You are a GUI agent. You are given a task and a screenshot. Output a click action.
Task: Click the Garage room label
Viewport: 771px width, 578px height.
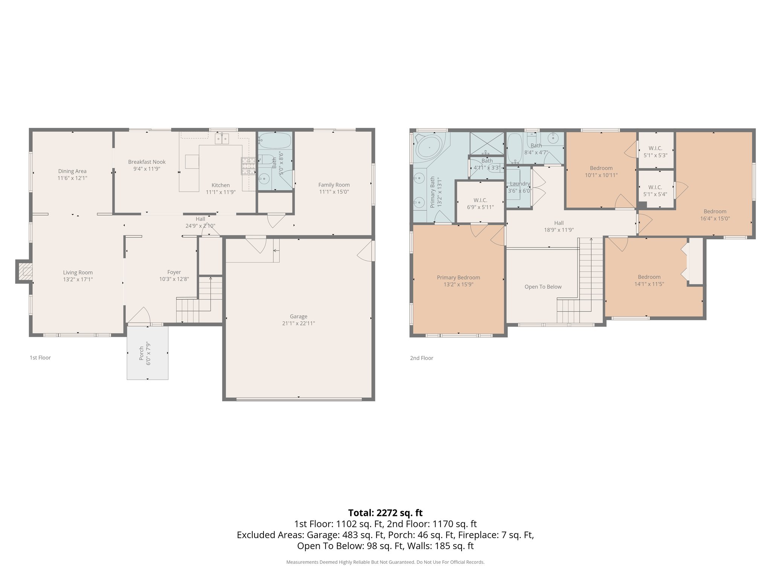(x=299, y=316)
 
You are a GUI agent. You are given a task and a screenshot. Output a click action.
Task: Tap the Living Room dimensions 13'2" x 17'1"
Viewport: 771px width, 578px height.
(x=78, y=280)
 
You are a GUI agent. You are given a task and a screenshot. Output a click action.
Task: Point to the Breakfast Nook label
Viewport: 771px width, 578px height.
(x=147, y=162)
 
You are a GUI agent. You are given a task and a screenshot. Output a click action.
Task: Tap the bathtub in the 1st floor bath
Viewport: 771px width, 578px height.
(x=275, y=141)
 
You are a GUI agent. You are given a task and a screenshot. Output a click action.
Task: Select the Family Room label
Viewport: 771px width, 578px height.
(x=334, y=185)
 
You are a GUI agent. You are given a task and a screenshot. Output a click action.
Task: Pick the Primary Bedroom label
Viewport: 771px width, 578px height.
(x=458, y=278)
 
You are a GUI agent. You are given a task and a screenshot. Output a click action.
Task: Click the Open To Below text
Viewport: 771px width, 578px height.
(x=543, y=287)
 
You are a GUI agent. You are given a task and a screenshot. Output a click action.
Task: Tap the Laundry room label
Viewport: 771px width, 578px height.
(x=520, y=184)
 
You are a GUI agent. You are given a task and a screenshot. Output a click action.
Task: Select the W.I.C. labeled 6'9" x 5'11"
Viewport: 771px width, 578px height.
(x=480, y=204)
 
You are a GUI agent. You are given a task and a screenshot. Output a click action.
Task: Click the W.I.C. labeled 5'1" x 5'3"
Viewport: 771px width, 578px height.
(x=655, y=152)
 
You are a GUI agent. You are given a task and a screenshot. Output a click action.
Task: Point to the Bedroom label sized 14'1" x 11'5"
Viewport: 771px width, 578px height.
(x=649, y=277)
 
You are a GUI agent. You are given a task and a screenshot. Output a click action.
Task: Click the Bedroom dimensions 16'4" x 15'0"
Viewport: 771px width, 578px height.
(x=715, y=218)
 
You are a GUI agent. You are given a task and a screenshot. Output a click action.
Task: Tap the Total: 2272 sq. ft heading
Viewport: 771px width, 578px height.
(x=385, y=513)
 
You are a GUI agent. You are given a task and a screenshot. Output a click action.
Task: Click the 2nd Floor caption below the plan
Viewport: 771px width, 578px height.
(x=421, y=358)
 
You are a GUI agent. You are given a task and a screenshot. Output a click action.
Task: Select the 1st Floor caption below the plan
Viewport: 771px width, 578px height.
(x=40, y=358)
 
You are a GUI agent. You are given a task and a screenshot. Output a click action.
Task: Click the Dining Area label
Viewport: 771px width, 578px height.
(x=72, y=171)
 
